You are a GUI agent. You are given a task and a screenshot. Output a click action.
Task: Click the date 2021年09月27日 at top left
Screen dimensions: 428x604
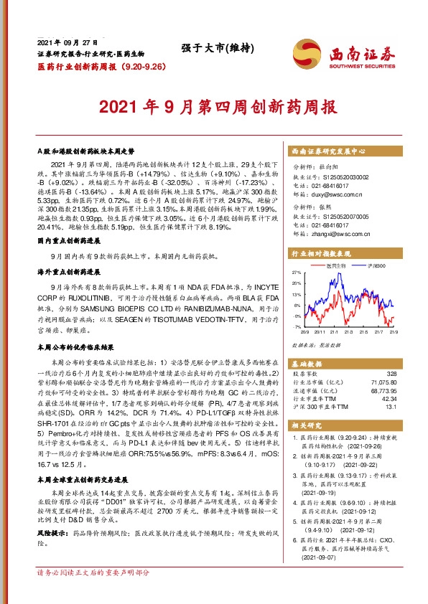click(x=68, y=44)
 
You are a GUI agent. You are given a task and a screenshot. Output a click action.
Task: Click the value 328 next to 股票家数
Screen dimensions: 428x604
click(x=391, y=374)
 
